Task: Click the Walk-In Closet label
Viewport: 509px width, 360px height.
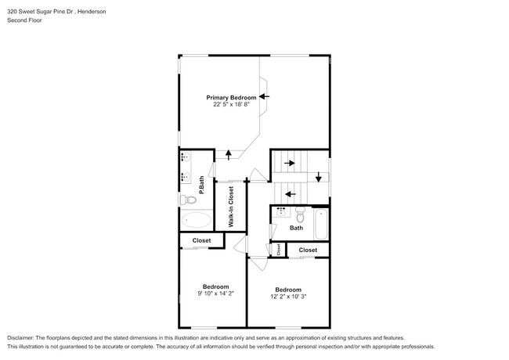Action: tap(231, 207)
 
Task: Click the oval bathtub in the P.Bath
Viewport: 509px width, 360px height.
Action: tap(196, 221)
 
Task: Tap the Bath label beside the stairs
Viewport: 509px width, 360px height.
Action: tap(296, 229)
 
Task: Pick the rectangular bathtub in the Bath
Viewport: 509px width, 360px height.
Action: tap(320, 224)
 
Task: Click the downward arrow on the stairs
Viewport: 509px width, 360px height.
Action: tap(319, 177)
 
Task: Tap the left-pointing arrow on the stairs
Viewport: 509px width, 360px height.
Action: tap(289, 193)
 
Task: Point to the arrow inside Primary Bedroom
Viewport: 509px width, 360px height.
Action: tap(264, 96)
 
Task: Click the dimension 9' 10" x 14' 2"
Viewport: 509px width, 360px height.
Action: tap(215, 293)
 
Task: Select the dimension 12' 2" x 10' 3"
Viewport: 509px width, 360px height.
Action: tap(287, 297)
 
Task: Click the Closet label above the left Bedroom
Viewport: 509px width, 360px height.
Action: tap(201, 240)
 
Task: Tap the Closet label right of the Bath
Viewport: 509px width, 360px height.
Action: tap(308, 250)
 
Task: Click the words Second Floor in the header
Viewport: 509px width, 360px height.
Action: tap(24, 20)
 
